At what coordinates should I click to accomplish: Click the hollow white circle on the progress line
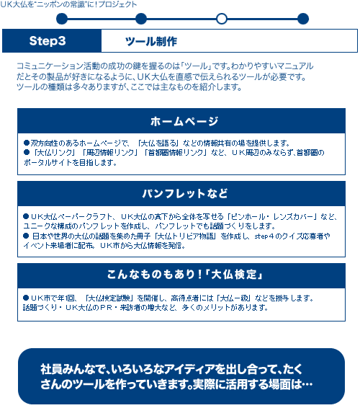(222, 19)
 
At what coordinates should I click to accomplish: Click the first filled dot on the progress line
(62, 19)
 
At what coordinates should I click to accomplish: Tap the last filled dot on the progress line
(303, 19)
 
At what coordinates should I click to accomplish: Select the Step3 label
(48, 41)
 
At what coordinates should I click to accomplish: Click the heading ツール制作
(151, 41)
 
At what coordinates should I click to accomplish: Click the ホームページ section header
(184, 121)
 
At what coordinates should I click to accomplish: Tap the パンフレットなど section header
(184, 194)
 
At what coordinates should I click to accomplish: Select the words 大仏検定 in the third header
(234, 275)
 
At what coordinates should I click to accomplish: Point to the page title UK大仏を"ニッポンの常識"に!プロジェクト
(68, 4)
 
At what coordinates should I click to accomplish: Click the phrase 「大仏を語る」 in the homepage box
(158, 143)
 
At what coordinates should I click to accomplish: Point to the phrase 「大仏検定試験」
(109, 298)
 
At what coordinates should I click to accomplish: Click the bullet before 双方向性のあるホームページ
(27, 143)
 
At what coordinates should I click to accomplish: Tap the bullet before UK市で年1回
(26, 298)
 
